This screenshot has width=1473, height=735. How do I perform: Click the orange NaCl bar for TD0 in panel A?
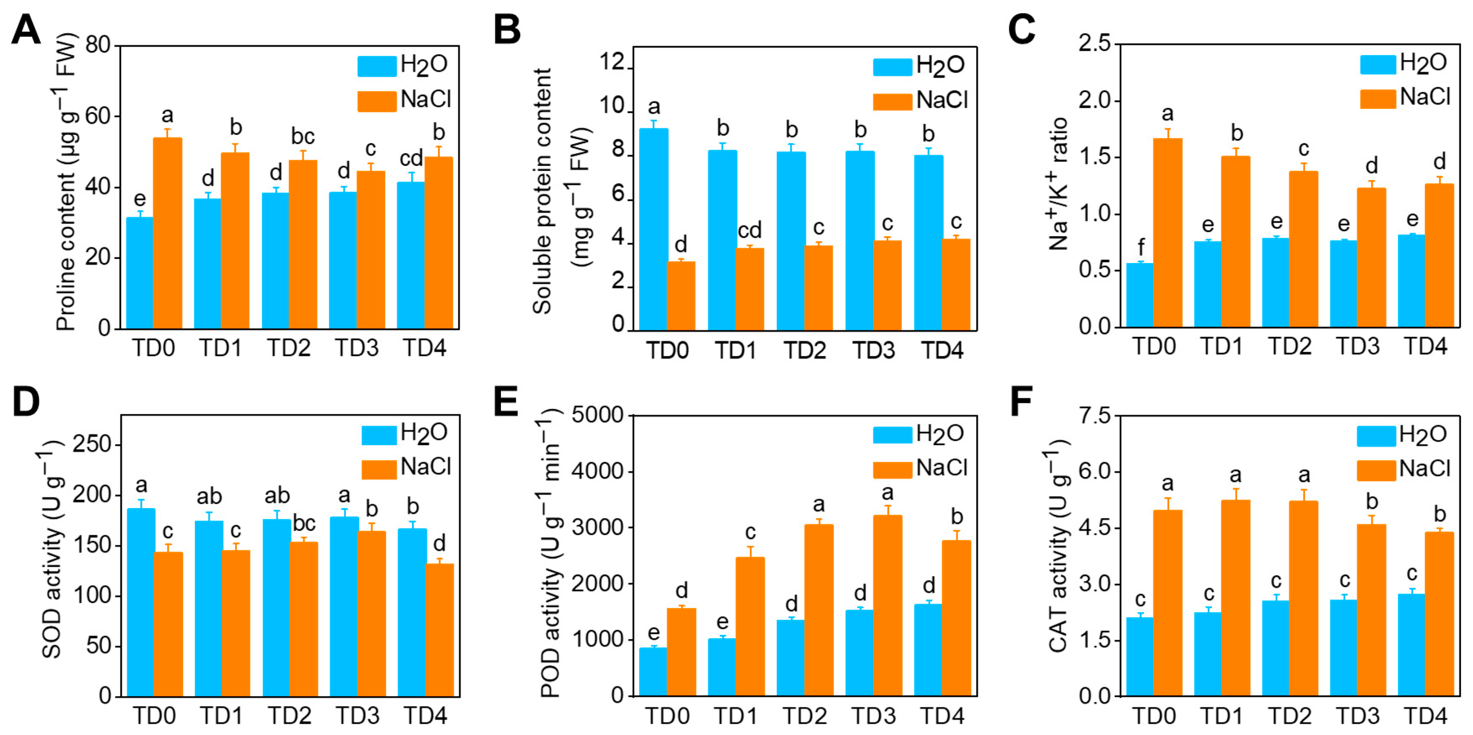167,233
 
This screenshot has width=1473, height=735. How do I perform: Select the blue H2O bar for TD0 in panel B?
654,229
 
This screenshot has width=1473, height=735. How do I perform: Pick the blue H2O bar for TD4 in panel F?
1411,645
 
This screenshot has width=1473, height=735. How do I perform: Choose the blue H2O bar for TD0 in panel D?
140,602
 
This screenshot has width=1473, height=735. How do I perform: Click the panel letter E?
506,401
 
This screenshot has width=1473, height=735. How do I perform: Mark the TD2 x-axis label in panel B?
804,350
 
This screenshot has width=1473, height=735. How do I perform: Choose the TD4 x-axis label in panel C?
1425,346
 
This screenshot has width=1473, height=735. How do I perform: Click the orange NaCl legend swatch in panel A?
376,101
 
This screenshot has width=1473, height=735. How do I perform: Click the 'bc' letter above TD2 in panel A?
302,136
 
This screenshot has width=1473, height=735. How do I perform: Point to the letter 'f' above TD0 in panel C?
1140,247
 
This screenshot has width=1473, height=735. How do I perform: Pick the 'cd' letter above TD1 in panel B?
749,230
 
